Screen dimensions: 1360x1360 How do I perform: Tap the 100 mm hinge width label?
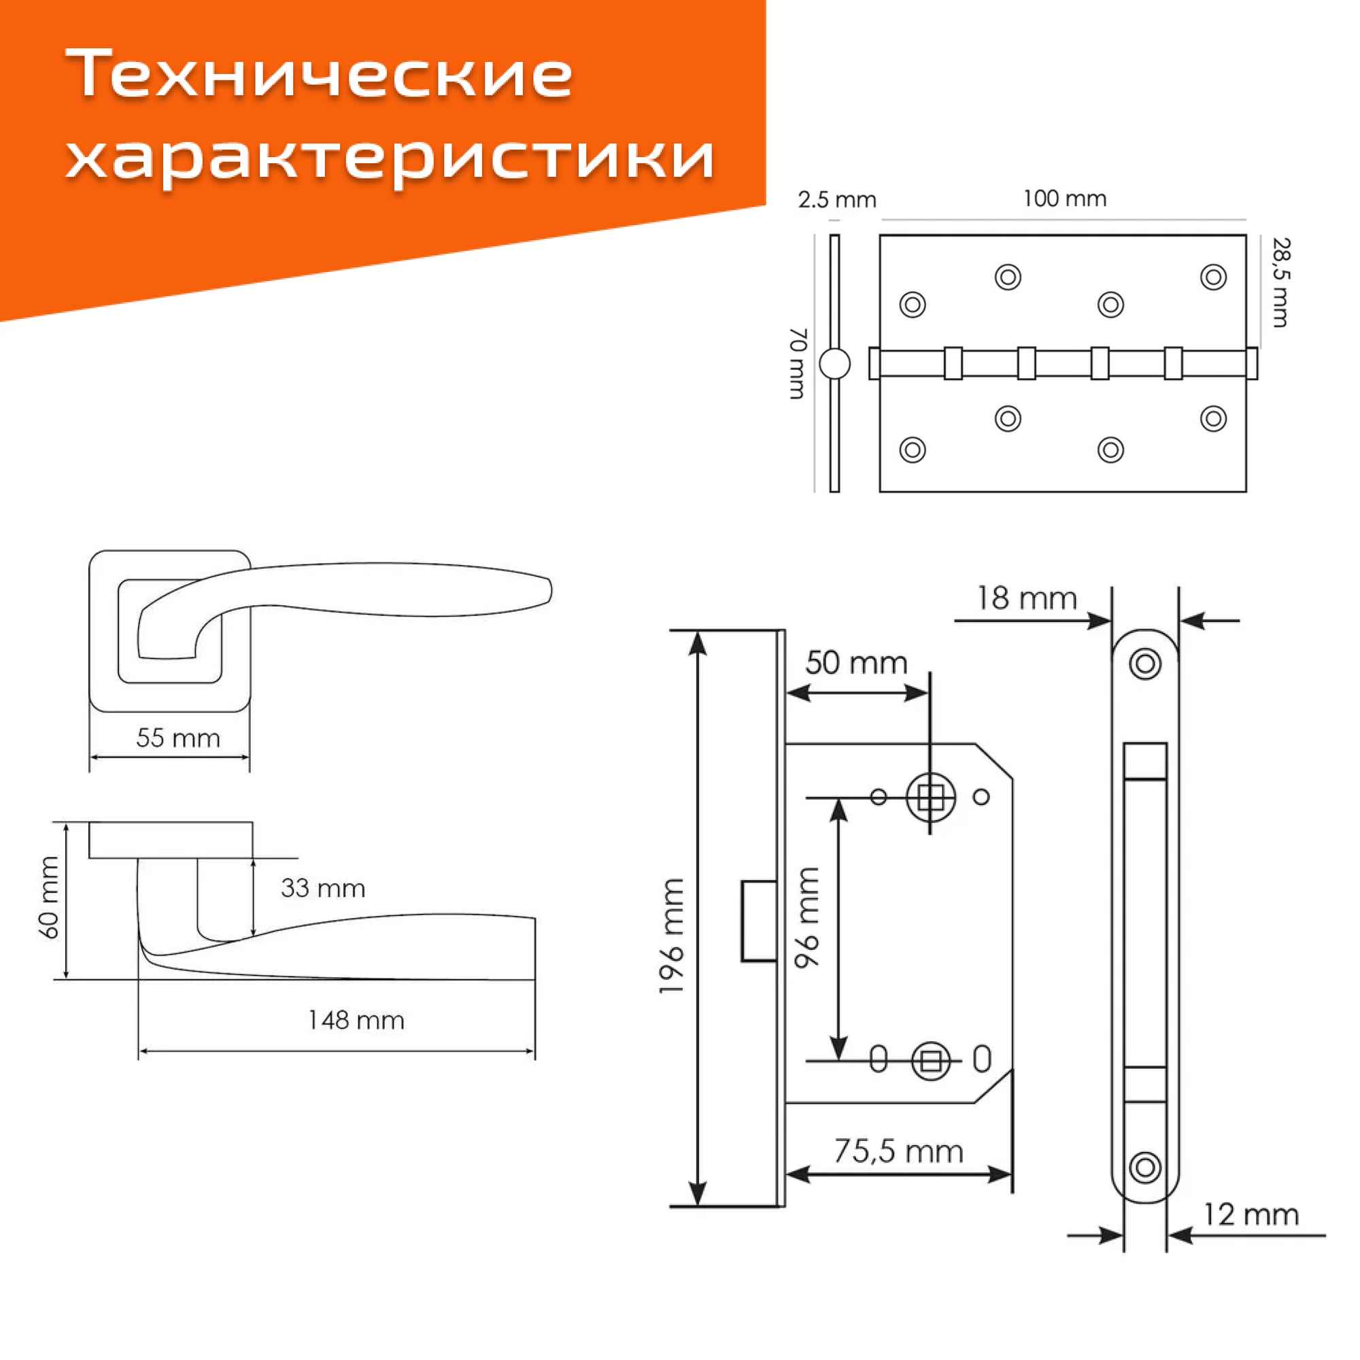[1064, 199]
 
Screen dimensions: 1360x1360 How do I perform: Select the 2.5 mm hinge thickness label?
[836, 201]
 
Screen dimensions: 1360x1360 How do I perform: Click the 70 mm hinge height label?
[797, 363]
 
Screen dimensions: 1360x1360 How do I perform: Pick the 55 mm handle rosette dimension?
[178, 738]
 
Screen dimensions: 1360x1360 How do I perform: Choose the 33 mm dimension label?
[322, 888]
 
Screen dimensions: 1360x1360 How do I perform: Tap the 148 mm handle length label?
[356, 1021]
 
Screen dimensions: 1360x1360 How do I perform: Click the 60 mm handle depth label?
[49, 898]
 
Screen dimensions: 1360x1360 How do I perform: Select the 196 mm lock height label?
[672, 936]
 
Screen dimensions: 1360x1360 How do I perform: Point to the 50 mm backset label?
[856, 663]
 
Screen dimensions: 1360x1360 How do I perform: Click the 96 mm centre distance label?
[807, 918]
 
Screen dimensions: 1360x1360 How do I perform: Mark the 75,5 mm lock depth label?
[898, 1152]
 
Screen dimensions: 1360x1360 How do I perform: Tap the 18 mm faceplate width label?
[1026, 599]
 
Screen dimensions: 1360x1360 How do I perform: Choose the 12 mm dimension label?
[1251, 1215]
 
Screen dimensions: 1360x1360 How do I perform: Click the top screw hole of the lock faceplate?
[1144, 663]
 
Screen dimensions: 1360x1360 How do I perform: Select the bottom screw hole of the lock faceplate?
[1144, 1167]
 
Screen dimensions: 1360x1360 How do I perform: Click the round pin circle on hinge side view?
[834, 363]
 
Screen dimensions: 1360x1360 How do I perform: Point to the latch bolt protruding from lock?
[759, 921]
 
